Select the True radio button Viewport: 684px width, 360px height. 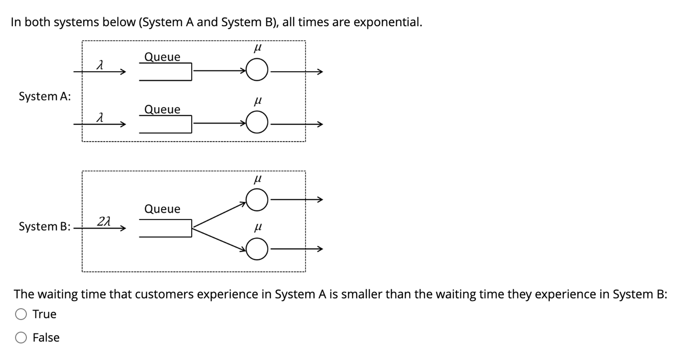coord(21,314)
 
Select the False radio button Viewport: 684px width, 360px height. coord(21,337)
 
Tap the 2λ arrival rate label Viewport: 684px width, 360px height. coord(103,221)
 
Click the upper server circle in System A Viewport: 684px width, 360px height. coord(257,70)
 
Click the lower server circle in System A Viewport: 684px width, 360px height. coord(257,122)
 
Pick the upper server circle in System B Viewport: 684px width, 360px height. coord(257,200)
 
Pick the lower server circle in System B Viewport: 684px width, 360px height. coord(257,249)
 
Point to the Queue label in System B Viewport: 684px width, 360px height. coord(162,209)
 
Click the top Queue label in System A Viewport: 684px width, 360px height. coord(162,57)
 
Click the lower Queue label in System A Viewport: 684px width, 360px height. coord(162,109)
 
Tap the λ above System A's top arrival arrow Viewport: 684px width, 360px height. coord(100,65)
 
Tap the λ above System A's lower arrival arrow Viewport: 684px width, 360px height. coord(100,117)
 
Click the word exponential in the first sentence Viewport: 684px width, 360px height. coord(387,22)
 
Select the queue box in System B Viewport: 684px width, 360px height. coord(165,228)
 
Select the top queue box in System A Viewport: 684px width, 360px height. coord(165,72)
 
